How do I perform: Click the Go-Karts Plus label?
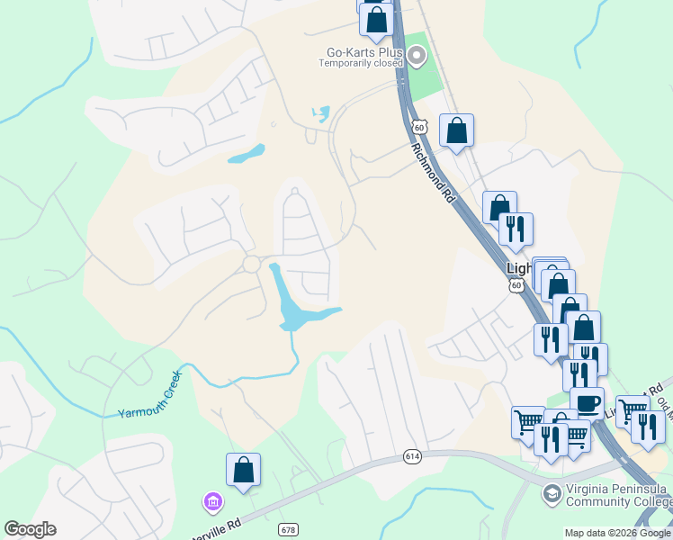pos(358,51)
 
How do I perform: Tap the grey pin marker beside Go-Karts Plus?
pos(417,57)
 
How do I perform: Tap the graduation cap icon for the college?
pos(550,493)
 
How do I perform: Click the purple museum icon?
pos(212,500)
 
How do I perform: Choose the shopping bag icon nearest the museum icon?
pos(243,470)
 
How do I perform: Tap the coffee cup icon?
pos(587,402)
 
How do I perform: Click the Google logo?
pos(30,529)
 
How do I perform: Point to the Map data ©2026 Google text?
pos(618,533)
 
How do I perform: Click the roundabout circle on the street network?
pos(252,265)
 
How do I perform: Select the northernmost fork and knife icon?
pos(516,229)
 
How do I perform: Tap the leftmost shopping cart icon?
pos(528,421)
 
